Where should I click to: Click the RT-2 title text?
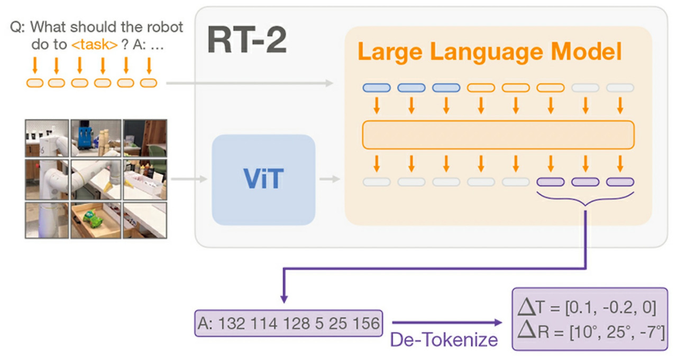click(246, 40)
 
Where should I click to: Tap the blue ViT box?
click(263, 180)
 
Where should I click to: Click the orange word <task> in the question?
click(94, 45)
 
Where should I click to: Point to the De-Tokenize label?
click(444, 339)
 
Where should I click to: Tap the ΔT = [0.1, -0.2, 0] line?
click(588, 307)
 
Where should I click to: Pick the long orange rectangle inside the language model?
click(498, 135)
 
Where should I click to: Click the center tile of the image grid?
click(96, 179)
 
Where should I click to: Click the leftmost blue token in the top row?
click(377, 88)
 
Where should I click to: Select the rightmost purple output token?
click(620, 182)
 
